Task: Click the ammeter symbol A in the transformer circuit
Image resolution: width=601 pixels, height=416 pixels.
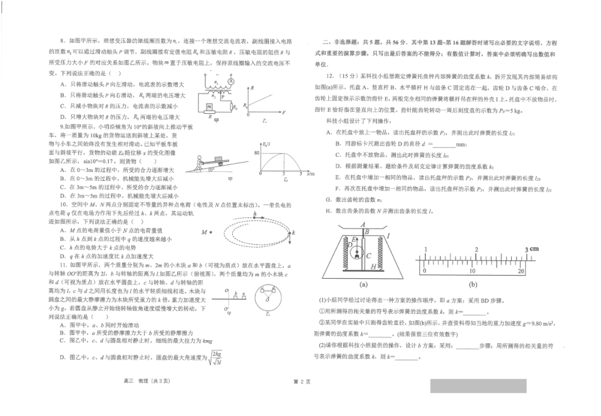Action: point(231,82)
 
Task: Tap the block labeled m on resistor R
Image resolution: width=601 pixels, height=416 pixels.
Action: point(209,106)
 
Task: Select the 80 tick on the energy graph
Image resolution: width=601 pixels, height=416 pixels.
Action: point(257,153)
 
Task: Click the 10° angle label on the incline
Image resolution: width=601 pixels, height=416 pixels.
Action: point(211,169)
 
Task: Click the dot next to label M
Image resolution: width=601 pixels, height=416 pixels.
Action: point(209,232)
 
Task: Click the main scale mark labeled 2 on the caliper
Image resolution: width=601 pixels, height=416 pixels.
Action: point(476,250)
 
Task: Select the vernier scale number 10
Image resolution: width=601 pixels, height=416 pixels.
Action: point(471,270)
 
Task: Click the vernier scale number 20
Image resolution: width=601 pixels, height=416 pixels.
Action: point(521,270)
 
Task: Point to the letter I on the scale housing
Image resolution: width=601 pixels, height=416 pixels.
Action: point(387,236)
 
